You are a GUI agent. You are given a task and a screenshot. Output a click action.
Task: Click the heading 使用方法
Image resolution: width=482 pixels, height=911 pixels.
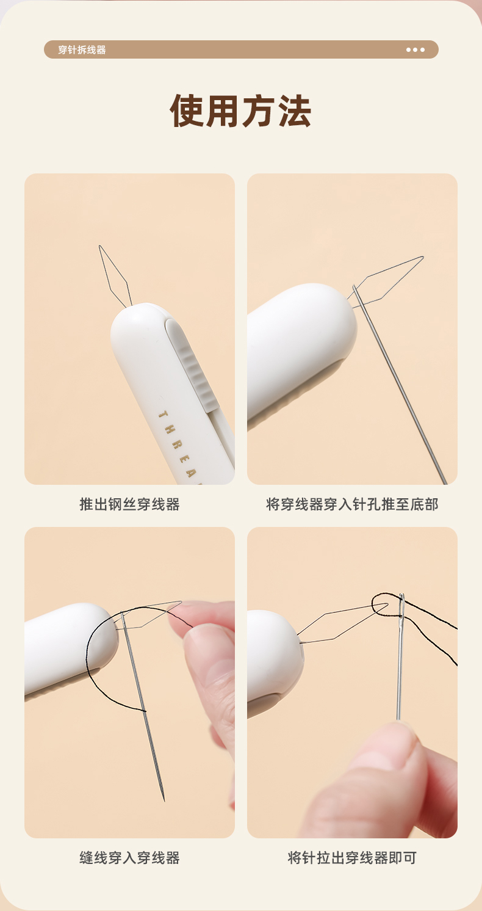tap(240, 111)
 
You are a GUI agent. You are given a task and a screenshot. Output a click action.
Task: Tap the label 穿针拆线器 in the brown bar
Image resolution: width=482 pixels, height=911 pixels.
tap(82, 49)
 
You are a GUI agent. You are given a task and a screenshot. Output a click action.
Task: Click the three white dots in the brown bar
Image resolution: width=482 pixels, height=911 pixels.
tap(415, 49)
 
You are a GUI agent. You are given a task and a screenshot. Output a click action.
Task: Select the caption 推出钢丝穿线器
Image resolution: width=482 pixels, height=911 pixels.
tap(129, 504)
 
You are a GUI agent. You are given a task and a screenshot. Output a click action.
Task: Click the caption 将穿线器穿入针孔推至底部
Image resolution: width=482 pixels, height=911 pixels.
tap(352, 504)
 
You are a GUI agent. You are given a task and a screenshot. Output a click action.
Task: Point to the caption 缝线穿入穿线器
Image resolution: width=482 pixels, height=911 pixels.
tap(129, 858)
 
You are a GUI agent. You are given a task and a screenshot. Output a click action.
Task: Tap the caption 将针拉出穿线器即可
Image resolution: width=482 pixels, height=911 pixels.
tap(352, 858)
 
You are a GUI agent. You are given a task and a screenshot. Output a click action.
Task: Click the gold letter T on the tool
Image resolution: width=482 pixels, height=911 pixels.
tap(163, 415)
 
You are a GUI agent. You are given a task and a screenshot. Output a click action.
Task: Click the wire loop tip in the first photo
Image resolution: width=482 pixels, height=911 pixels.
tap(100, 245)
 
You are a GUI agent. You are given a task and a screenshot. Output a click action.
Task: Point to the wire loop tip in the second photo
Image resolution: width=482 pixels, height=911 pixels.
tap(423, 257)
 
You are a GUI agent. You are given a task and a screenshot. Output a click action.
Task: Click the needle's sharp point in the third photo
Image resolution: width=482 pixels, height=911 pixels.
tap(164, 800)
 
